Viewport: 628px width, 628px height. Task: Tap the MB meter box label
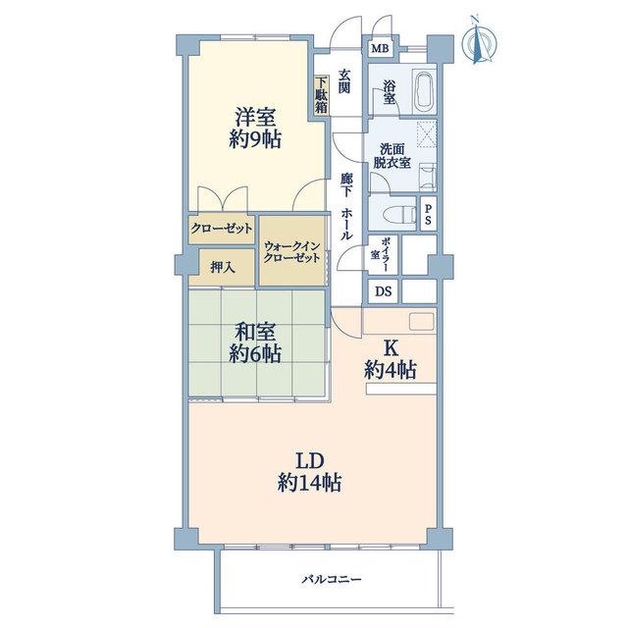(x=380, y=49)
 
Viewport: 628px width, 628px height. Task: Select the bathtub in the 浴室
(x=423, y=91)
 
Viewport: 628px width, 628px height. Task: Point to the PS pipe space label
(x=428, y=214)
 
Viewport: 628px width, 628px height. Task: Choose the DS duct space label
(x=383, y=291)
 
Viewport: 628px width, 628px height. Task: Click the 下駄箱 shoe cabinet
(x=321, y=96)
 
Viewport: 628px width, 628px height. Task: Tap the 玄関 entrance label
(x=344, y=81)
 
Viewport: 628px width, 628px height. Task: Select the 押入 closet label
(x=223, y=268)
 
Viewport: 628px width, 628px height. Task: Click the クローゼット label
(x=222, y=229)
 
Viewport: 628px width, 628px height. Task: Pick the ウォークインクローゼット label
(x=291, y=252)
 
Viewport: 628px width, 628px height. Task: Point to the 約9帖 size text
(x=255, y=139)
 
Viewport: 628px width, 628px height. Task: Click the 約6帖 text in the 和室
(x=255, y=353)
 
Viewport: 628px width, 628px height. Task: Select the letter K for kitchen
(x=391, y=348)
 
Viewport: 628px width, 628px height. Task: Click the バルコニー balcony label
(x=332, y=580)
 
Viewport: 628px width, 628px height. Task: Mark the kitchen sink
(x=421, y=322)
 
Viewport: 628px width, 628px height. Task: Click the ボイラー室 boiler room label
(x=381, y=254)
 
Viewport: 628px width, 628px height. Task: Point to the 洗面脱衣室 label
(x=392, y=156)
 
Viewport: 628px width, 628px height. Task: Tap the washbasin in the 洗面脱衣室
(x=428, y=177)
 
